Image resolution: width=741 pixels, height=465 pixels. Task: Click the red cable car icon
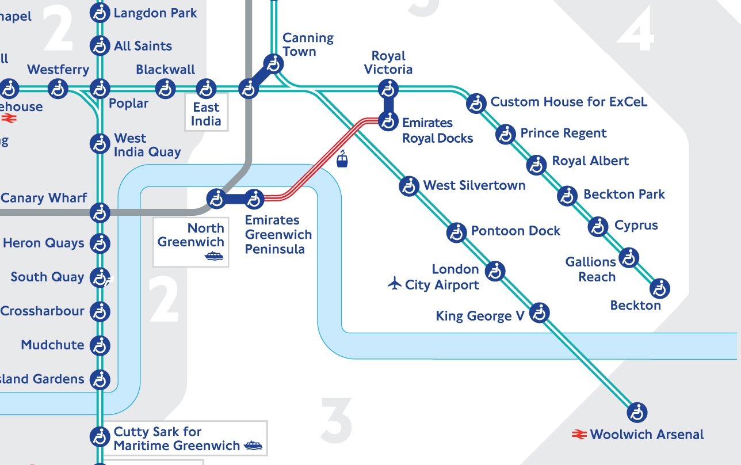coord(342,159)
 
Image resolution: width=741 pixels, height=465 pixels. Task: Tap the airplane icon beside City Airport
coord(395,284)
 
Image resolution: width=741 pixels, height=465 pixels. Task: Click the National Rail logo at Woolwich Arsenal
coord(579,434)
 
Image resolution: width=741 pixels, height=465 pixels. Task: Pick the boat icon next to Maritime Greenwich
coord(253,445)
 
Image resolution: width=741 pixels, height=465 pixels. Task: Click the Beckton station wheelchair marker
coord(660,288)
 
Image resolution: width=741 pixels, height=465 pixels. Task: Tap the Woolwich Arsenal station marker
coord(637,412)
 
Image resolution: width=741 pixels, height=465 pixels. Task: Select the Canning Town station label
coord(308,45)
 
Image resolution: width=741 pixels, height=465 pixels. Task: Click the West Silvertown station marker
coord(409,186)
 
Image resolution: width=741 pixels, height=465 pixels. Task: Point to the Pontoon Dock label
coord(515,231)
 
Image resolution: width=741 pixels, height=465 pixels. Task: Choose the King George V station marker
coord(539,313)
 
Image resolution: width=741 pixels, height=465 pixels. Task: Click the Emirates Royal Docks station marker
coord(389,121)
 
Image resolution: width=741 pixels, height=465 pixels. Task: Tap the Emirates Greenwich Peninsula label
coord(278,235)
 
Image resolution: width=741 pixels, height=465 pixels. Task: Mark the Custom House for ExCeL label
coord(568,102)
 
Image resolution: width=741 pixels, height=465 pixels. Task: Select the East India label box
coord(206,114)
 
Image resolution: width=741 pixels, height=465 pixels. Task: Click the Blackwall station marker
coord(166,89)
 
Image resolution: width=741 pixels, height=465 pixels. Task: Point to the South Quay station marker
coord(101,277)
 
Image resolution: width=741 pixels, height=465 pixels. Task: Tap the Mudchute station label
coord(52,345)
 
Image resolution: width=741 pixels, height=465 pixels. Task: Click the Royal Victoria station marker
coord(389,89)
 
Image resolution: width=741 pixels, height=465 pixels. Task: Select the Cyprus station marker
coord(598,226)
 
